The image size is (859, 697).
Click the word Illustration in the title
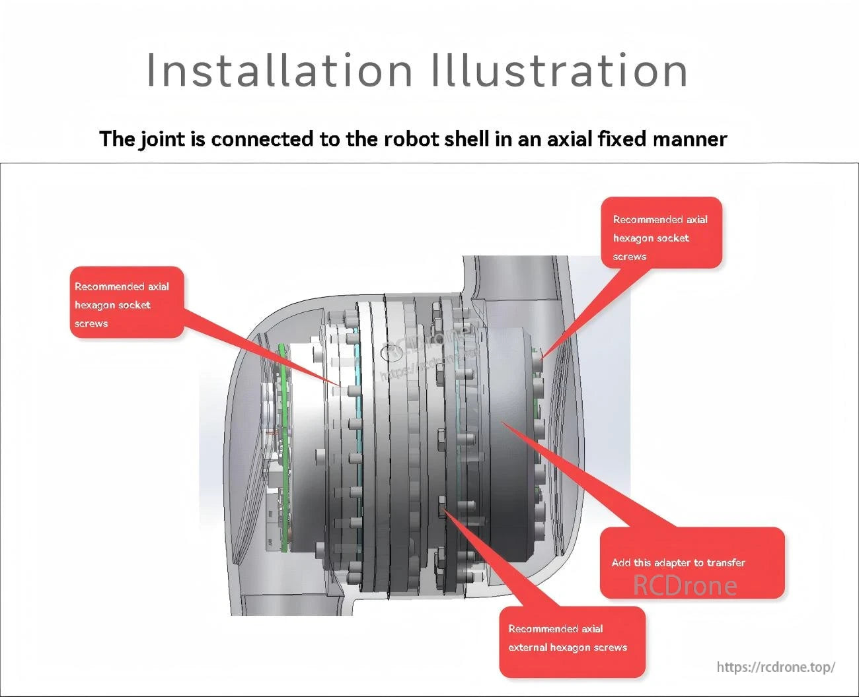tap(559, 70)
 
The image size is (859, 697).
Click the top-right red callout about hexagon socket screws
tap(661, 233)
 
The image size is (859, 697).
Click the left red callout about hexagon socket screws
tap(126, 302)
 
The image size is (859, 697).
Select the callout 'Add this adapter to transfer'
tap(692, 563)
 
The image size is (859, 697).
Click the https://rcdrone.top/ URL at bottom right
tap(776, 667)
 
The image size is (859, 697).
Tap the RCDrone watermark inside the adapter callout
tap(685, 585)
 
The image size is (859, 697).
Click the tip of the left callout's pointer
tap(341, 386)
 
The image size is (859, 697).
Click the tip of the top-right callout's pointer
tap(542, 357)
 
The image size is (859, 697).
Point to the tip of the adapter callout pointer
tap(502, 421)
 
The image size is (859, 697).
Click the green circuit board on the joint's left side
tap(283, 449)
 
